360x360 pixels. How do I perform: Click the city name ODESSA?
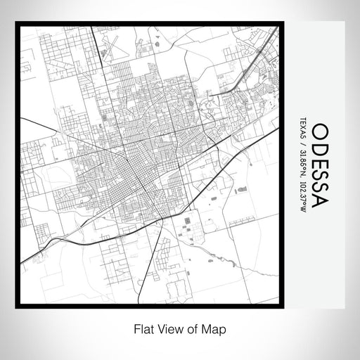pyautogui.click(x=318, y=165)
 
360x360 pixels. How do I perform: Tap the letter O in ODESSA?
pyautogui.click(x=318, y=132)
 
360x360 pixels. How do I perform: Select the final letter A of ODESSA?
pyautogui.click(x=318, y=200)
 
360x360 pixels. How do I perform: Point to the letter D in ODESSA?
pyautogui.click(x=318, y=147)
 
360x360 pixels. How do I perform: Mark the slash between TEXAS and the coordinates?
pyautogui.click(x=302, y=146)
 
